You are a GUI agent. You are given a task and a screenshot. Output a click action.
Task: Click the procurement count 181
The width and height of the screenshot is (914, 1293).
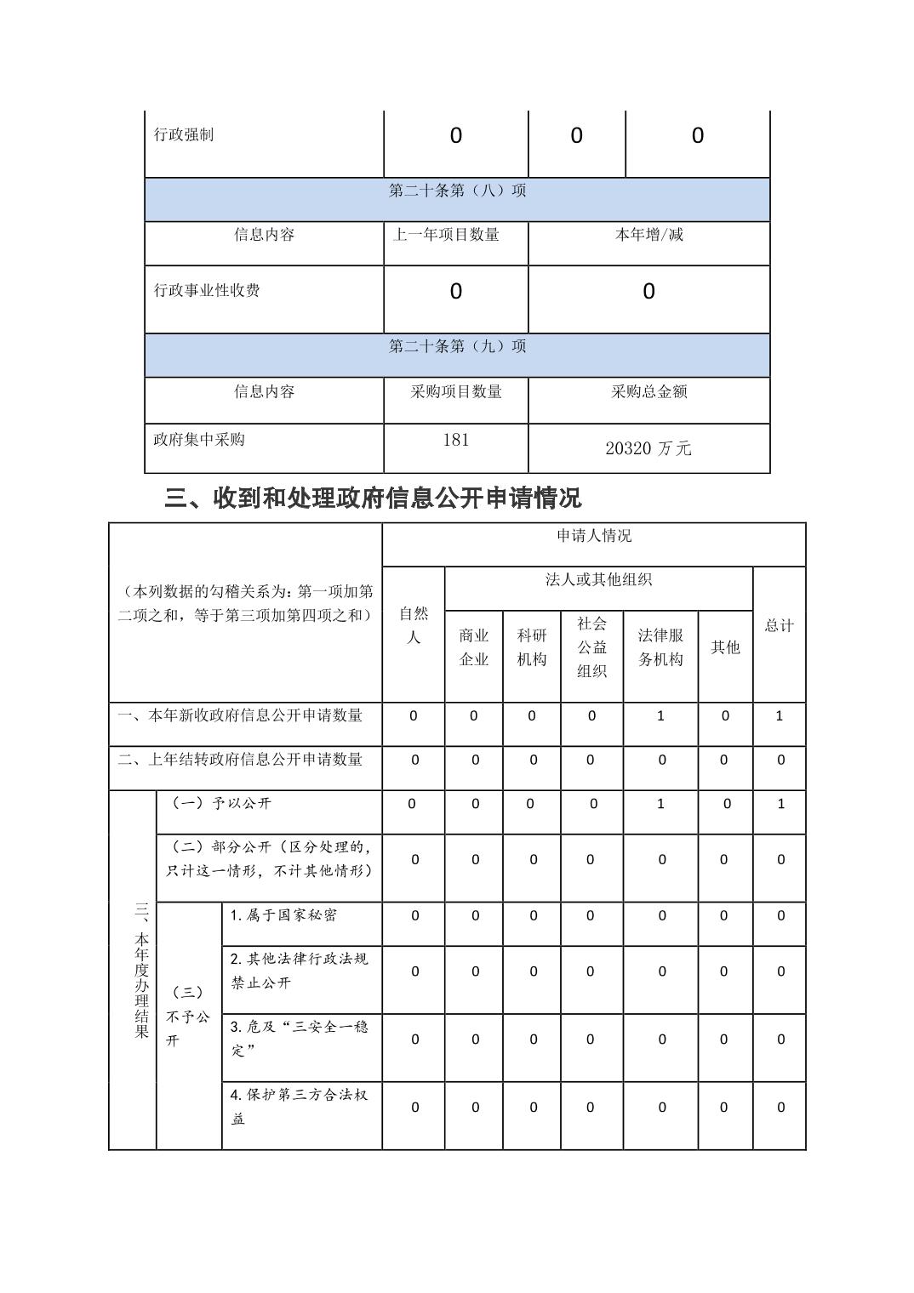click(x=456, y=440)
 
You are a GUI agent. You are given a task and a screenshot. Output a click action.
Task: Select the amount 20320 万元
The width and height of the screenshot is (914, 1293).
click(x=648, y=448)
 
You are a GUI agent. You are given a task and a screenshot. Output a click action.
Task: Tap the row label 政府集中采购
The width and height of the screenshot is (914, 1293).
click(x=199, y=440)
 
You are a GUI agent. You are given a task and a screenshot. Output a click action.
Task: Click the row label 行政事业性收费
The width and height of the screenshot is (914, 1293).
click(x=207, y=291)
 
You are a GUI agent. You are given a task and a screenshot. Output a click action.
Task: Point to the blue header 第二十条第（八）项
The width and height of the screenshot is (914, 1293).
click(x=458, y=191)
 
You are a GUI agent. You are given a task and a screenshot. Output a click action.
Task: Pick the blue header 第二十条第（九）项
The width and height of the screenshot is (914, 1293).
click(x=458, y=346)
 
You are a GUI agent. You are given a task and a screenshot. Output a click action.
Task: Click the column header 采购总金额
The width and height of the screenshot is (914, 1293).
click(x=648, y=391)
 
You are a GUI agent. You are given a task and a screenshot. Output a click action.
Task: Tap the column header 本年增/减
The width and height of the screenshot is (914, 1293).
click(x=648, y=235)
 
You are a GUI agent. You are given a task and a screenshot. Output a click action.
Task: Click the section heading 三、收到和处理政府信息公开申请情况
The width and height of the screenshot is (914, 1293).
click(x=373, y=498)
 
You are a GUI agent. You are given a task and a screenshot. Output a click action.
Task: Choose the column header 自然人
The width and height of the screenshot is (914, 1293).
click(x=414, y=625)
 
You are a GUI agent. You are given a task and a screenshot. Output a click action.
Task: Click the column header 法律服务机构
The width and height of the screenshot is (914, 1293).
click(x=660, y=647)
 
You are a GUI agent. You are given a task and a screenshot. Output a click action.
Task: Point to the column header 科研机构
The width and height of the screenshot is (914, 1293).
click(x=532, y=647)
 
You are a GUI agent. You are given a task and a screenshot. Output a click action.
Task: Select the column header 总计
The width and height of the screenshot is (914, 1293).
click(x=779, y=625)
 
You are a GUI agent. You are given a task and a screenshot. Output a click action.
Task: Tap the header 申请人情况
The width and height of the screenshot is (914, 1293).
click(x=594, y=536)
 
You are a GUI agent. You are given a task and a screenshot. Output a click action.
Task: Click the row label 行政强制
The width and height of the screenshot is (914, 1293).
click(x=184, y=135)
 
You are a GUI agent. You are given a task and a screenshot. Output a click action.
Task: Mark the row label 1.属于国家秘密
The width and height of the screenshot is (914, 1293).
click(x=283, y=915)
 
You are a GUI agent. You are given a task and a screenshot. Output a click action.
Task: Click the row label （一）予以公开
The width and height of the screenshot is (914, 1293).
click(x=221, y=804)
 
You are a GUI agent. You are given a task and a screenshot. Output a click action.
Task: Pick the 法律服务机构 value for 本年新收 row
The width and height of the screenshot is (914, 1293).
click(x=660, y=716)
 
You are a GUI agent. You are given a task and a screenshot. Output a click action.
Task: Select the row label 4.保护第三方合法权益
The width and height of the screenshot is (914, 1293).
click(x=299, y=1107)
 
